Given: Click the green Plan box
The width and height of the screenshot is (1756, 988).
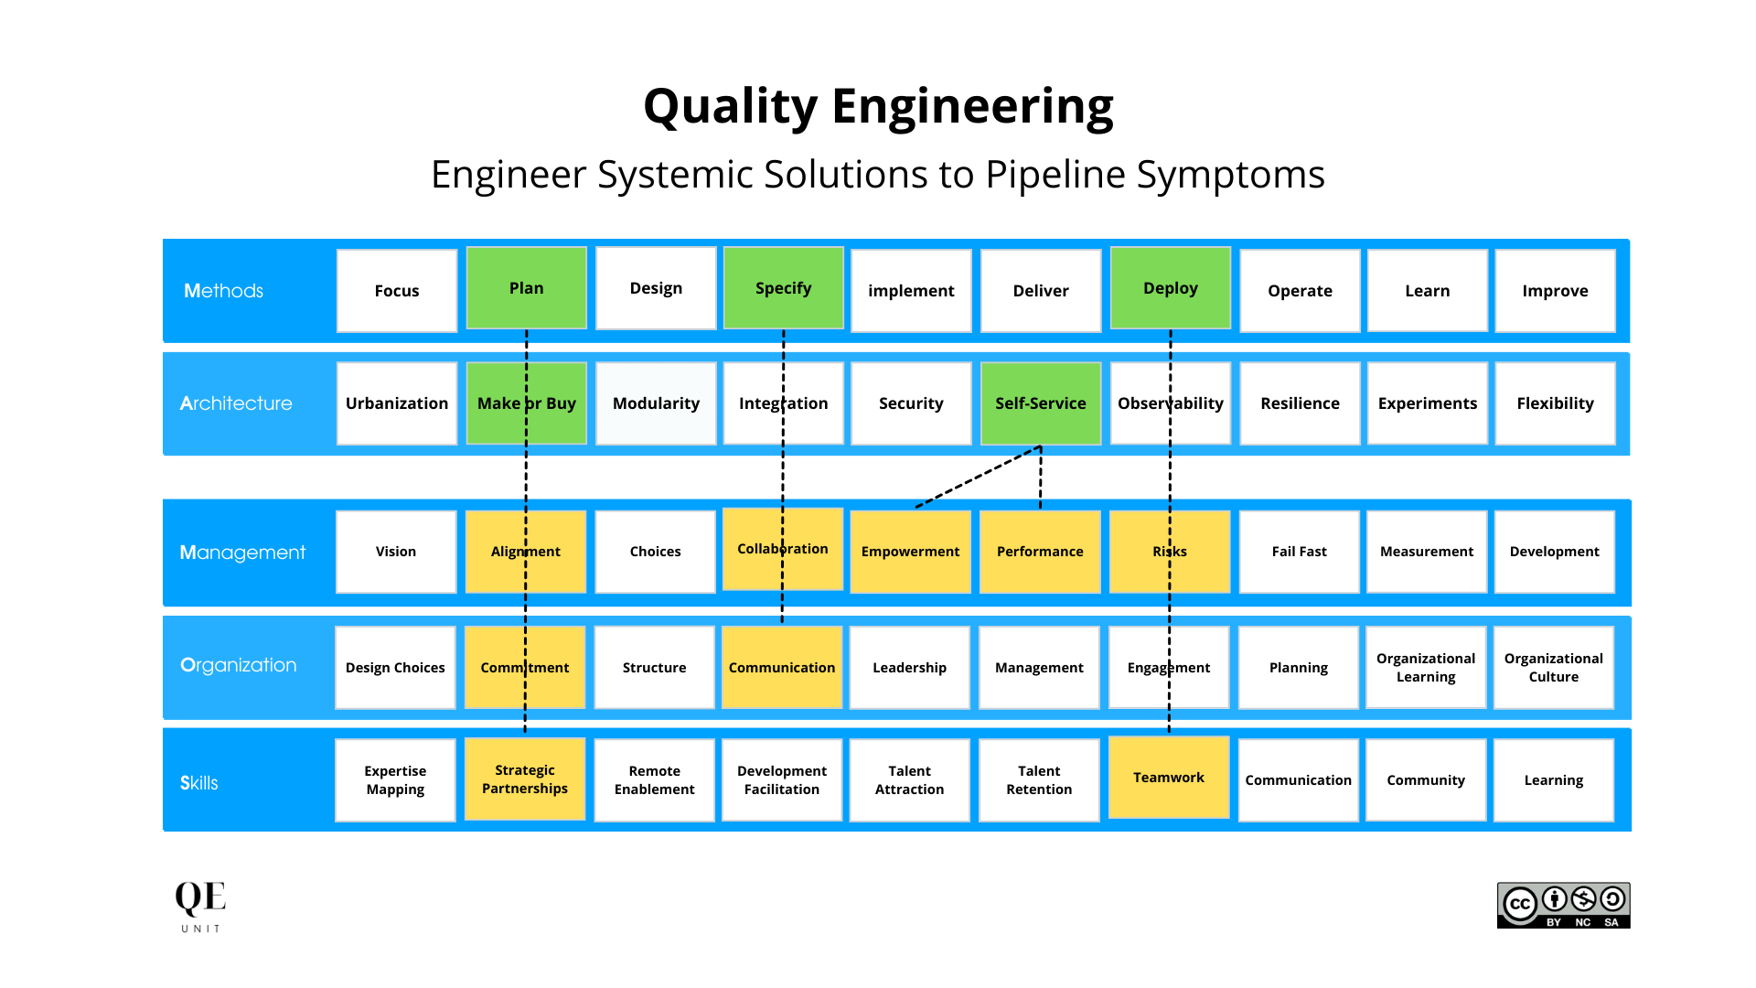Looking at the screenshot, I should tap(526, 288).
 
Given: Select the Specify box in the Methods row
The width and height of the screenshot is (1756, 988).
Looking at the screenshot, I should tap(783, 288).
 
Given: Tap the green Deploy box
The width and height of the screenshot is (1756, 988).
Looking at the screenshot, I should tap(1170, 288).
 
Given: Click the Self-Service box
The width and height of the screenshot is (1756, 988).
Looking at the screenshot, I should tap(1040, 403).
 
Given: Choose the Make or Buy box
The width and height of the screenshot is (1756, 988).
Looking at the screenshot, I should tap(526, 403).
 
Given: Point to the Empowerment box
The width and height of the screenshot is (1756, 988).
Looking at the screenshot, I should tap(910, 552).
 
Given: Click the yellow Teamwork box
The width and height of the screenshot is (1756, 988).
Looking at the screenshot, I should tap(1168, 778).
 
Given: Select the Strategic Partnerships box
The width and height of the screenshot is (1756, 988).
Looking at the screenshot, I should tap(524, 779).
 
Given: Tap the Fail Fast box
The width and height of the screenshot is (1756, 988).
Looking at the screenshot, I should tap(1299, 552).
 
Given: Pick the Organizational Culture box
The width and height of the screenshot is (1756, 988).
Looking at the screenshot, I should tap(1553, 668).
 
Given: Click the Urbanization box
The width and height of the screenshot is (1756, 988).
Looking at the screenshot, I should tap(396, 403).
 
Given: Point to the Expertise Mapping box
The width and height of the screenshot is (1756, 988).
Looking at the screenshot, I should tap(395, 780).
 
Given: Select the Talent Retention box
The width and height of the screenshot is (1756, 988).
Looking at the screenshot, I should tap(1039, 780).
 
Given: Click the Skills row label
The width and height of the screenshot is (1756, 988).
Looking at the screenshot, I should tap(199, 783).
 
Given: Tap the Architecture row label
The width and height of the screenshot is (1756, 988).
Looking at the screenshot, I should tap(236, 403).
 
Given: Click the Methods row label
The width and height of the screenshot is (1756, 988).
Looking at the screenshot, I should tap(223, 291).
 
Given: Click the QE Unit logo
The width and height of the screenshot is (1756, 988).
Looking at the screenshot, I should tap(200, 906).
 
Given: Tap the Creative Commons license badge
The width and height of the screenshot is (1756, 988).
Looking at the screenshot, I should tap(1563, 906).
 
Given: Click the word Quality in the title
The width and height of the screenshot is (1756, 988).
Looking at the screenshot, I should tap(730, 107).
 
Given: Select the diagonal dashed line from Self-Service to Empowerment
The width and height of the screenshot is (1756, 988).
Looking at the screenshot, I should tap(977, 477).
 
